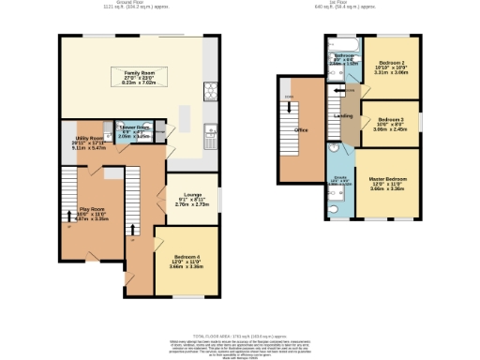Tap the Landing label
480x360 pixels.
[x=343, y=115]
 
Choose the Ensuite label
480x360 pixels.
[x=338, y=176]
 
